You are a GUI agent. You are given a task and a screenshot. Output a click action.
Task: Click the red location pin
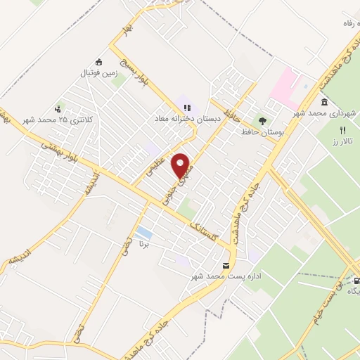click(181, 165)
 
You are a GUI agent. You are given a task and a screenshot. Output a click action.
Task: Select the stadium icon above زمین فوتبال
click(99, 61)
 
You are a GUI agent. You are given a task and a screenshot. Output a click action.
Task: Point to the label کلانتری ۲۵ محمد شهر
click(57, 120)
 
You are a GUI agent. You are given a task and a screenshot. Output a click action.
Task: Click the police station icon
click(58, 108)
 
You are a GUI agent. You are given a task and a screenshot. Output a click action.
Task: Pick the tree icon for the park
click(263, 122)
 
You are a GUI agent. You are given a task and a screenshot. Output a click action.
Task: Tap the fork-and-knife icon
click(342, 130)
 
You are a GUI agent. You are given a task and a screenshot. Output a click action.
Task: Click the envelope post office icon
click(226, 265)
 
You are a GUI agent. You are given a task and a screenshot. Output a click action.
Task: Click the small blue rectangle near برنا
click(144, 233)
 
